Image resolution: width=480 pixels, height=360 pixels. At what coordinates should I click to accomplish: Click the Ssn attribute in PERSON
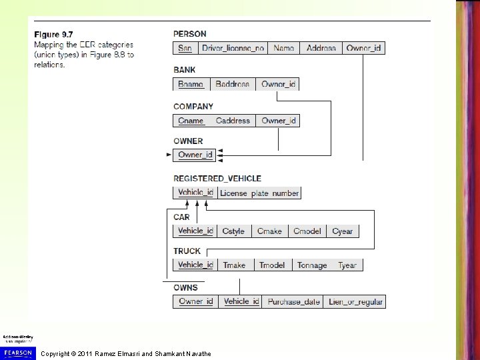[185, 48]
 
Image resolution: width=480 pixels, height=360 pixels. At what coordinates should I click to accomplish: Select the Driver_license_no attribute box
[233, 48]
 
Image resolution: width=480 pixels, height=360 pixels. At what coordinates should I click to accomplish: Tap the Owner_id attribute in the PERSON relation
[364, 48]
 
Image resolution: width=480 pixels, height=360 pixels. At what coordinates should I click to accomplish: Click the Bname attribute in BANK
[191, 84]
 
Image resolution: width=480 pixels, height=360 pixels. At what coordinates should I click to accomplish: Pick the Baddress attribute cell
[232, 84]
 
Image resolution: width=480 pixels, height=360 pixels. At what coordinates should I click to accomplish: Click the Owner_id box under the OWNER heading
[195, 155]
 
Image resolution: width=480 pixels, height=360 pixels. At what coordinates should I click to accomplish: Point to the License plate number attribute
[259, 193]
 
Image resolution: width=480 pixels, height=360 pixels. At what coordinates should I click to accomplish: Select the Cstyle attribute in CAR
[233, 231]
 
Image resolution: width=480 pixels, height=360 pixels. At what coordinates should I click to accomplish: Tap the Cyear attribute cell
[342, 231]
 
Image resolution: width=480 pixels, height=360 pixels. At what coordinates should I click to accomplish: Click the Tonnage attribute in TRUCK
[311, 265]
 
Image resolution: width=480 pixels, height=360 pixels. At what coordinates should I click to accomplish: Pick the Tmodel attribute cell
[271, 265]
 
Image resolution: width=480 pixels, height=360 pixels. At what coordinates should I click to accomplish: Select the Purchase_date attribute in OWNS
[293, 302]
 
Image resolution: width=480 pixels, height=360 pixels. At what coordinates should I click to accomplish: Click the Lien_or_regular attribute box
[355, 302]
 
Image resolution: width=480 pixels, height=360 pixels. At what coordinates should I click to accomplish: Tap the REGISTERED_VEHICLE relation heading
[217, 179]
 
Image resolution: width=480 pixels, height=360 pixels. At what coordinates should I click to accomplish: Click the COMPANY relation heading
[193, 106]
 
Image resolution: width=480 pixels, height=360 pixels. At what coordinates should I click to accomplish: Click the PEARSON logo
[18, 351]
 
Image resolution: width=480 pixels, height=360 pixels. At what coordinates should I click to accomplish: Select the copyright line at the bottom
[126, 353]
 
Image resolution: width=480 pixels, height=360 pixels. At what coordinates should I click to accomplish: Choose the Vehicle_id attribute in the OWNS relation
[241, 302]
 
